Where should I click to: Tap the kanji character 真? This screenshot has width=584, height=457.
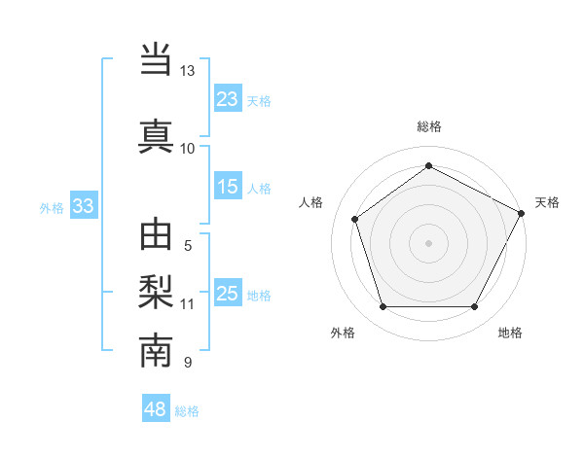pyautogui.click(x=156, y=135)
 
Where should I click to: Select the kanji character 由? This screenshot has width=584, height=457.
pyautogui.click(x=156, y=236)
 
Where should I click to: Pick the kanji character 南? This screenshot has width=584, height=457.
pyautogui.click(x=156, y=351)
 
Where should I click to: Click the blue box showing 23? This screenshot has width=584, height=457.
pyautogui.click(x=228, y=99)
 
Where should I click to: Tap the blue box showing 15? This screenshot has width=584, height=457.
pyautogui.click(x=228, y=188)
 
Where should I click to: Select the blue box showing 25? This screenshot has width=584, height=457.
pyautogui.click(x=228, y=294)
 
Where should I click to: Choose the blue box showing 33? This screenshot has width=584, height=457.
pyautogui.click(x=83, y=206)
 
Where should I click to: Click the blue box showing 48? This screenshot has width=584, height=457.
pyautogui.click(x=156, y=410)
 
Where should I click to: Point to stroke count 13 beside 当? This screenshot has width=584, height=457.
pyautogui.click(x=187, y=71)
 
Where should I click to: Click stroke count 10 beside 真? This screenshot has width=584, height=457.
pyautogui.click(x=187, y=148)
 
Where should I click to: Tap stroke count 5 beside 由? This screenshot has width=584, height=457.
pyautogui.click(x=188, y=246)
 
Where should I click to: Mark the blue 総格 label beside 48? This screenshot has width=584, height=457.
pyautogui.click(x=187, y=411)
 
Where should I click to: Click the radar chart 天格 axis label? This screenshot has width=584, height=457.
pyautogui.click(x=547, y=202)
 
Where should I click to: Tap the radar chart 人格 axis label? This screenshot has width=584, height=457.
pyautogui.click(x=311, y=202)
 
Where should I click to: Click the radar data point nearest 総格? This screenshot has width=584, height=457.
pyautogui.click(x=428, y=166)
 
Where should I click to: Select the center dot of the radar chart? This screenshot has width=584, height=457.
pyautogui.click(x=428, y=242)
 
